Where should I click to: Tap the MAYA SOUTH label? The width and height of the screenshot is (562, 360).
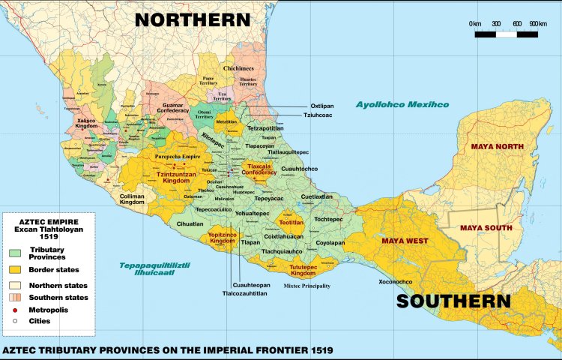pyautogui.click(x=486, y=227)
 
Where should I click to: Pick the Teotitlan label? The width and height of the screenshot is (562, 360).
pyautogui.click(x=289, y=223)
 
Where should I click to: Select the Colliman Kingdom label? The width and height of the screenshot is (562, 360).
pyautogui.click(x=132, y=199)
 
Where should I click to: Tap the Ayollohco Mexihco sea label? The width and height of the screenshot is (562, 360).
pyautogui.click(x=402, y=104)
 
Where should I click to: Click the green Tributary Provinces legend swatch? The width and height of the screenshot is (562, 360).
pyautogui.click(x=14, y=253)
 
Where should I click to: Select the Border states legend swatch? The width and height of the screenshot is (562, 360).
pyautogui.click(x=14, y=269)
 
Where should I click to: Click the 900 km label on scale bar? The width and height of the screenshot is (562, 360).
pyautogui.click(x=538, y=24)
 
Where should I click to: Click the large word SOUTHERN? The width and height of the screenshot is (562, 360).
pyautogui.click(x=453, y=301)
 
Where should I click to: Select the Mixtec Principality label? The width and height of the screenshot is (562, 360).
pyautogui.click(x=306, y=286)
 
